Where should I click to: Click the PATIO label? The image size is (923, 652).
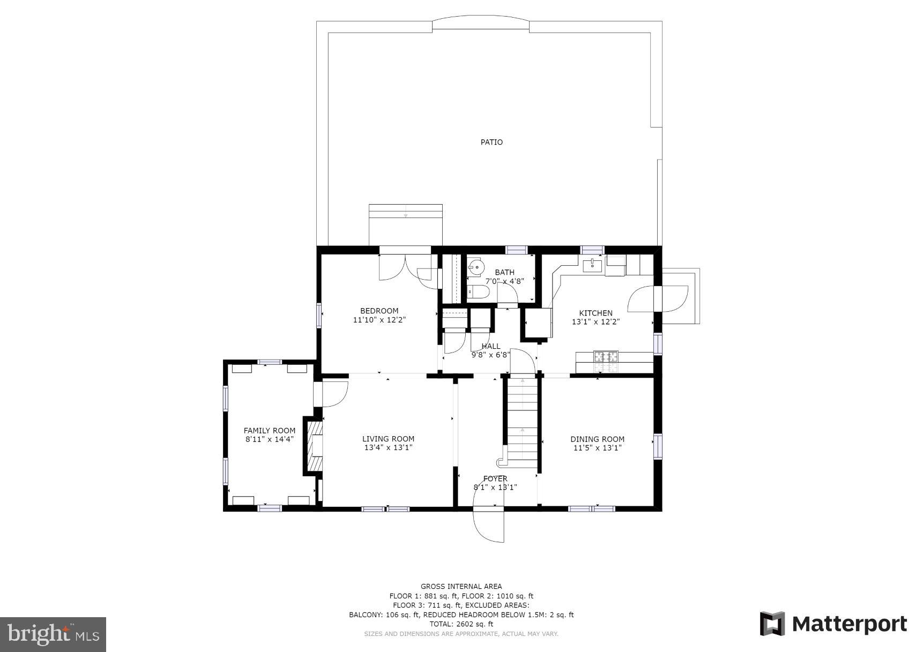coord(491,142)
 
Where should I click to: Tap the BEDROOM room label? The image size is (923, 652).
coord(379,311)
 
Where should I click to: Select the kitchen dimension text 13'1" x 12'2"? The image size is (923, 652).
coord(596,322)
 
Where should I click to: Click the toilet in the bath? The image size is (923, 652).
coord(478,292)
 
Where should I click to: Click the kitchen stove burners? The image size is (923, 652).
coord(606,361)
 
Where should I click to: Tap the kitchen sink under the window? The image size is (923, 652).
coord(592,264)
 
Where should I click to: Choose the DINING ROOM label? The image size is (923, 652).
coord(597,439)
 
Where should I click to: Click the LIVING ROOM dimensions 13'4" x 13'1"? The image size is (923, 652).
coord(388,448)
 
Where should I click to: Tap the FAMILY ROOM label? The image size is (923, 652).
coord(269,431)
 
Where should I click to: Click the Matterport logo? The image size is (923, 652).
coord(833,624)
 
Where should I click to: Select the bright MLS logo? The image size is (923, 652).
coord(53,634)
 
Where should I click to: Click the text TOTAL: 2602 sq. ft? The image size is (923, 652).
coord(461,624)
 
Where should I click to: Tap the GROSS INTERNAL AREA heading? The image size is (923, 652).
coord(461,587)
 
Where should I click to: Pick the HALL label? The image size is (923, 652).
coord(490,346)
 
